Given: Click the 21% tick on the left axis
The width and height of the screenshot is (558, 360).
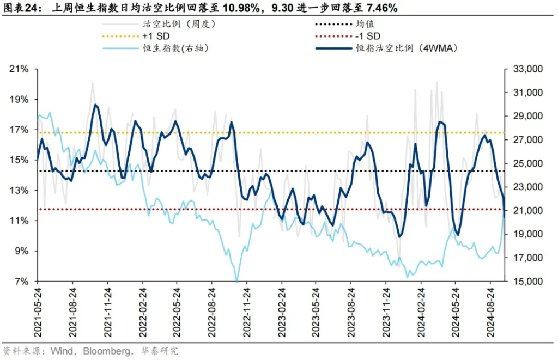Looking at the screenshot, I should point(21,69).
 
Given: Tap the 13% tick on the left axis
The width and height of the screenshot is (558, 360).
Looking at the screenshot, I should point(21,191).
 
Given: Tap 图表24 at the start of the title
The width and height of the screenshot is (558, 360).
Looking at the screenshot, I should point(20,8).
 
